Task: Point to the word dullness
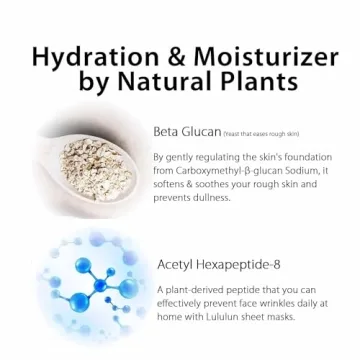[x=209, y=197]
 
